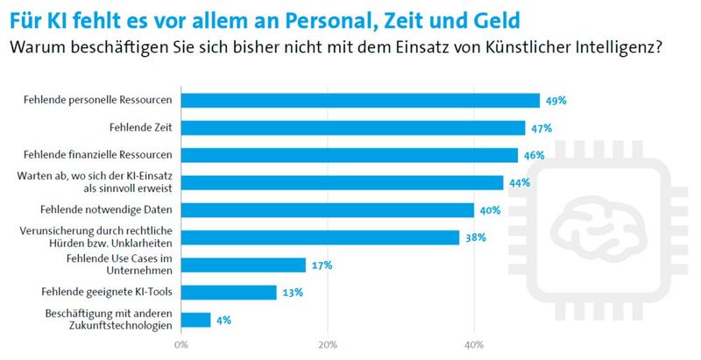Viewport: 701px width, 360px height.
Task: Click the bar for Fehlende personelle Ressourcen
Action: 359,101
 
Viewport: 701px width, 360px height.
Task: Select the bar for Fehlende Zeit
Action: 352,128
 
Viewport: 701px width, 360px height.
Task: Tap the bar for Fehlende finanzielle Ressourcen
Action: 349,155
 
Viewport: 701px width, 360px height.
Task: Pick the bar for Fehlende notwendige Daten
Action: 327,210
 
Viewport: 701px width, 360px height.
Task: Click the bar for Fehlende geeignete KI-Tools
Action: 228,292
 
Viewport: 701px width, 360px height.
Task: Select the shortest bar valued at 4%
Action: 195,320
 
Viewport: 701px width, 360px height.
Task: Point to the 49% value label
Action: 555,101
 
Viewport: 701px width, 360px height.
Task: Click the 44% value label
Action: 519,182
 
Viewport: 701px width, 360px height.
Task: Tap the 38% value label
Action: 475,237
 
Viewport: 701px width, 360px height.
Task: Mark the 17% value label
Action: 321,265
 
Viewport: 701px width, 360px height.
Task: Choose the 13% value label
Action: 292,292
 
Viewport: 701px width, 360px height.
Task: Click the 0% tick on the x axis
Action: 181,344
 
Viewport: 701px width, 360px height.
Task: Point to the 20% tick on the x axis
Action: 328,344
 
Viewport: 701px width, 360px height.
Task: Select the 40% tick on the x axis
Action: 474,344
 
